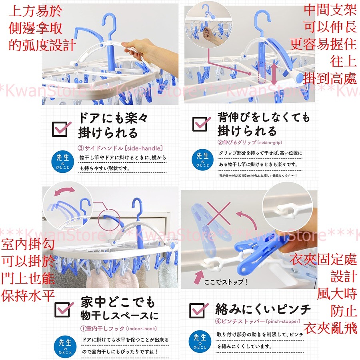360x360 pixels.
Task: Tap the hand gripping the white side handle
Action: coord(136,50)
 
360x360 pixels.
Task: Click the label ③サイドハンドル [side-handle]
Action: coord(120,147)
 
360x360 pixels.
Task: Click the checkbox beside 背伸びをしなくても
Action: coord(200,124)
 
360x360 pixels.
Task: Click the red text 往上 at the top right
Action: coord(343,61)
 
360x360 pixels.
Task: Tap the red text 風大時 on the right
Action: coord(337,294)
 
